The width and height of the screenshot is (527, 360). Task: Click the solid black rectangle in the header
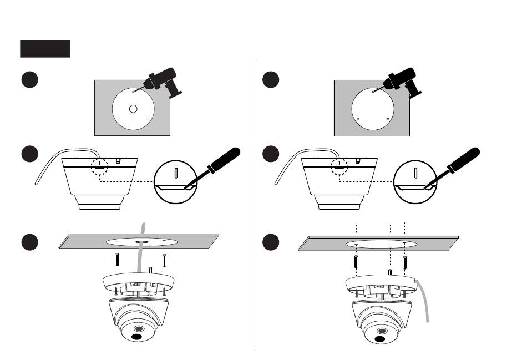coord(45,49)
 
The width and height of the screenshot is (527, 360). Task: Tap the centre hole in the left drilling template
coord(133,109)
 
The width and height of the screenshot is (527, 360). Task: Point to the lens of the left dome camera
coord(135,336)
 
